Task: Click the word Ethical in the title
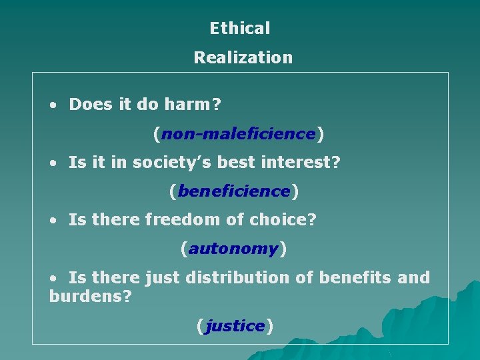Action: [240, 29]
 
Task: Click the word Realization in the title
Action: [243, 58]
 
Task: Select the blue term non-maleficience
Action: [238, 134]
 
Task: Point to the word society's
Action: [160, 163]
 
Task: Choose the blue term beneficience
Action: [234, 192]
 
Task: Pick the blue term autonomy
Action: [233, 249]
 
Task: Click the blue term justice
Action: [235, 326]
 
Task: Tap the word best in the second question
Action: [237, 163]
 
